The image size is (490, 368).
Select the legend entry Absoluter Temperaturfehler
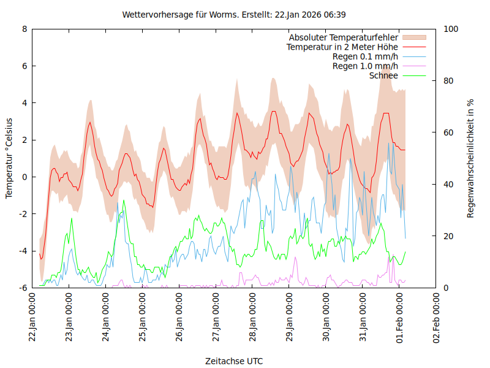[343, 38]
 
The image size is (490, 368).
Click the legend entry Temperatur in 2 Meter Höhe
[342, 47]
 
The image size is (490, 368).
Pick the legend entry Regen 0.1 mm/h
[365, 57]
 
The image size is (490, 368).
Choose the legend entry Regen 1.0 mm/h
[365, 66]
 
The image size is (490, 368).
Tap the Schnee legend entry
[383, 75]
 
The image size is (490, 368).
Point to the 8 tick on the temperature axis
[24, 29]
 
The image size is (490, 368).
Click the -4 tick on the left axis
[23, 251]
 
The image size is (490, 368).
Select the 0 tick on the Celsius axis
[24, 177]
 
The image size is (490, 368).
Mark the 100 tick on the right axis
[451, 29]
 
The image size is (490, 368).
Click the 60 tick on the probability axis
[448, 132]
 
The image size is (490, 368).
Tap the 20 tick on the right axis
[448, 236]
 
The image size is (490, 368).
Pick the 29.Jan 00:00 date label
[290, 318]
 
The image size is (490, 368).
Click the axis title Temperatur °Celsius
[9, 158]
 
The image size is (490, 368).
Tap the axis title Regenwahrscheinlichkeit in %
[471, 158]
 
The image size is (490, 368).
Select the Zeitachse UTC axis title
[234, 361]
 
